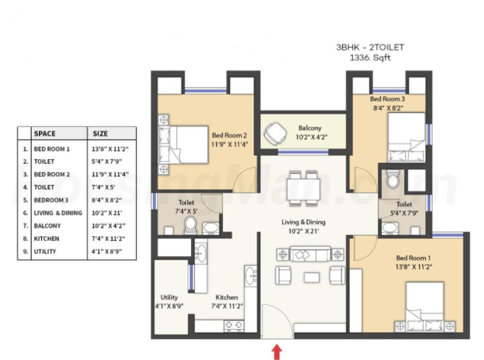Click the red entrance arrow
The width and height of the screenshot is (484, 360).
277,351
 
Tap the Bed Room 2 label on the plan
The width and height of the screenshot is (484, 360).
229,135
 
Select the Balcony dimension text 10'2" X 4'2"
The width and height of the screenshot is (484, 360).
311,137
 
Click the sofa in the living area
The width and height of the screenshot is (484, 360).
310,254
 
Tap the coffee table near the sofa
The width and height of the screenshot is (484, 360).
311,277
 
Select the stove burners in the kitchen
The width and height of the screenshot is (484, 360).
233,325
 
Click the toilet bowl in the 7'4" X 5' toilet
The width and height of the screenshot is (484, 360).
190,225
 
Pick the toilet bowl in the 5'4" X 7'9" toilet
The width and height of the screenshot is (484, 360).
393,179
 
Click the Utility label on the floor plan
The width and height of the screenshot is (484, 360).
169,297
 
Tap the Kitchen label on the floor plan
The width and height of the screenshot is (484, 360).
227,297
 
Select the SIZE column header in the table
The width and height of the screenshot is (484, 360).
100,134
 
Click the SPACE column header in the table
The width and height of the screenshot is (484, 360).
45,134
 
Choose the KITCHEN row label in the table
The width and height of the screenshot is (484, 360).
46,238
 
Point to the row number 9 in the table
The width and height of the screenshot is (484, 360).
26,252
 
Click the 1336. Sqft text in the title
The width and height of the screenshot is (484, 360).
370,57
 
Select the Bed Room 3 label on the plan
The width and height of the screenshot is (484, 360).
387,99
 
